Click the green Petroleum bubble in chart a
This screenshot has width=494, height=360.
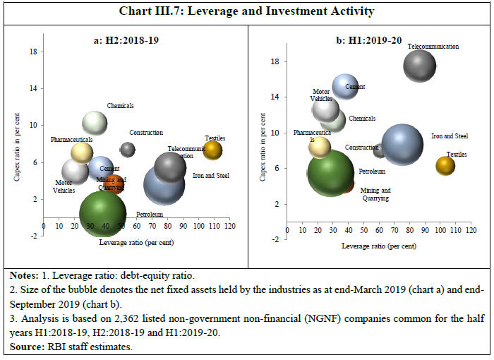click(103, 213)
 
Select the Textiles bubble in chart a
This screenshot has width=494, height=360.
click(212, 150)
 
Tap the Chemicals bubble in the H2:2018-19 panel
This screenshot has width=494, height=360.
click(95, 123)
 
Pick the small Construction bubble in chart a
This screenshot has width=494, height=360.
click(128, 149)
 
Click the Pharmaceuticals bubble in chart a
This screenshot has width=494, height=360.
click(82, 152)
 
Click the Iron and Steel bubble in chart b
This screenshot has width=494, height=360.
click(402, 144)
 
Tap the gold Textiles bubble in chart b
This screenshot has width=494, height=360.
click(445, 165)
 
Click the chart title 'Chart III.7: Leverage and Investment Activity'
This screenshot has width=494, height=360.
click(246, 13)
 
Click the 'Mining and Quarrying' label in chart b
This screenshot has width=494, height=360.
click(375, 194)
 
